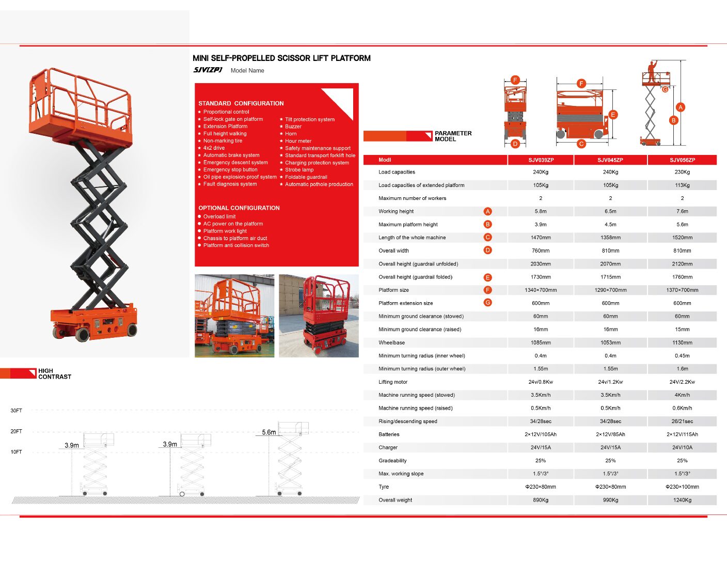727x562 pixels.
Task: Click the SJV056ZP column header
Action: tap(682, 160)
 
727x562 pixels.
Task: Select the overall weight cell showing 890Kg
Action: tap(541, 500)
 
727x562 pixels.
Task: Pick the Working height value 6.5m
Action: tap(610, 211)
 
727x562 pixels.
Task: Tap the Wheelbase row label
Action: tap(391, 342)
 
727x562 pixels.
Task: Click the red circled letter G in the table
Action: tap(487, 303)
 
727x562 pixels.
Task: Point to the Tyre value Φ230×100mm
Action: tap(682, 487)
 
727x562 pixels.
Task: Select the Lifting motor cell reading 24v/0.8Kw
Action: tap(541, 382)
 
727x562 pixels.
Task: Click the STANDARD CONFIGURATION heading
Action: tap(241, 103)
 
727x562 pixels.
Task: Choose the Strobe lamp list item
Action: tap(299, 170)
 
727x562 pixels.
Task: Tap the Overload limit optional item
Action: tap(219, 216)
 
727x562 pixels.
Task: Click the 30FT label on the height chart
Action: tap(17, 411)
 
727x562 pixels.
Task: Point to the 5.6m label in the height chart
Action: tap(268, 432)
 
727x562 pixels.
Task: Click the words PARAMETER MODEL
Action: tap(453, 136)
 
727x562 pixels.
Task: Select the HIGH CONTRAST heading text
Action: tap(54, 374)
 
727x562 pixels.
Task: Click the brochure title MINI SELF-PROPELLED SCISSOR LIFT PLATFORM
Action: tap(281, 58)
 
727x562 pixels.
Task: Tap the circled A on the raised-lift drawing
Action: tap(681, 107)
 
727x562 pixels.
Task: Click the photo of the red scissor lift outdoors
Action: tap(319, 316)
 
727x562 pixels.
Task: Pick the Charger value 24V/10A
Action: tap(682, 447)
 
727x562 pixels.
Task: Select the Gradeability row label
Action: tap(392, 461)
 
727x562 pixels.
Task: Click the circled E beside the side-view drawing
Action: tap(613, 115)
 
